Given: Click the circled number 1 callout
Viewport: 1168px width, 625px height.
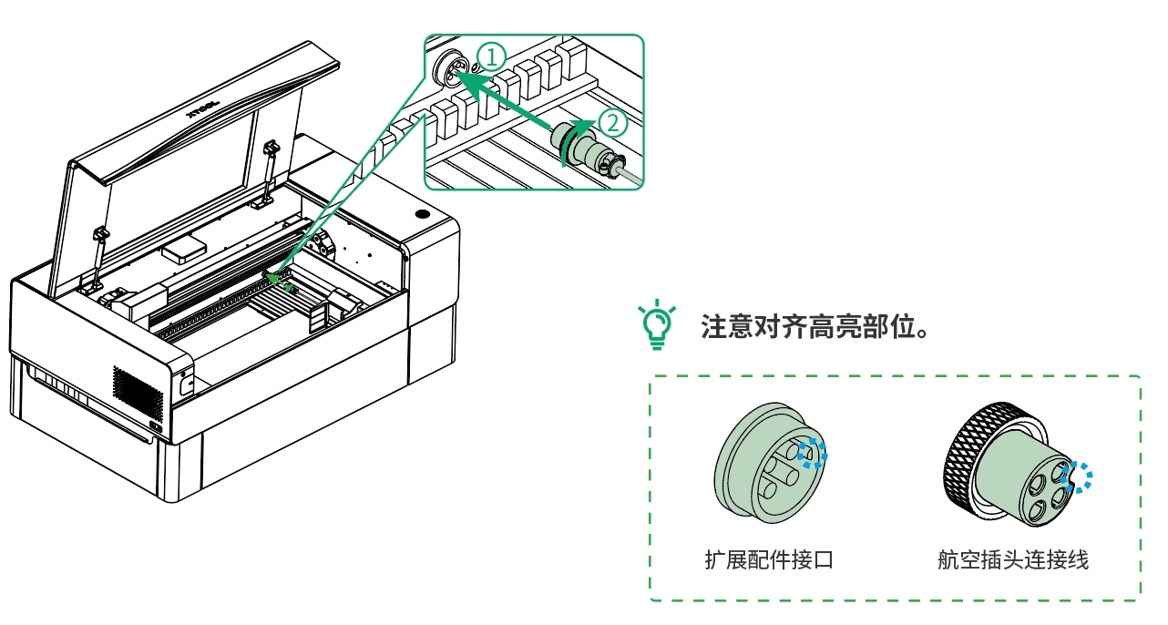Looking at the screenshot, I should [491, 57].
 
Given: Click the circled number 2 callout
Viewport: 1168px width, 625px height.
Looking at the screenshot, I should [612, 120].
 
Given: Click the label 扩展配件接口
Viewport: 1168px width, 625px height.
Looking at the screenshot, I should [768, 558].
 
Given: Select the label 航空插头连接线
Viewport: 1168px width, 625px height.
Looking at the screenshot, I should [1012, 558].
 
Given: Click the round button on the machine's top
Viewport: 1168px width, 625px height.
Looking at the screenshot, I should [423, 215].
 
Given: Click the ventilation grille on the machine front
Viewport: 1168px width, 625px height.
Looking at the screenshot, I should [137, 390].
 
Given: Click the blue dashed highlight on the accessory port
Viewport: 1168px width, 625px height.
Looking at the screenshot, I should [811, 452].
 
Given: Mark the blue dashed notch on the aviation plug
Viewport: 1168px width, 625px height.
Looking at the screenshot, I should [1080, 476].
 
